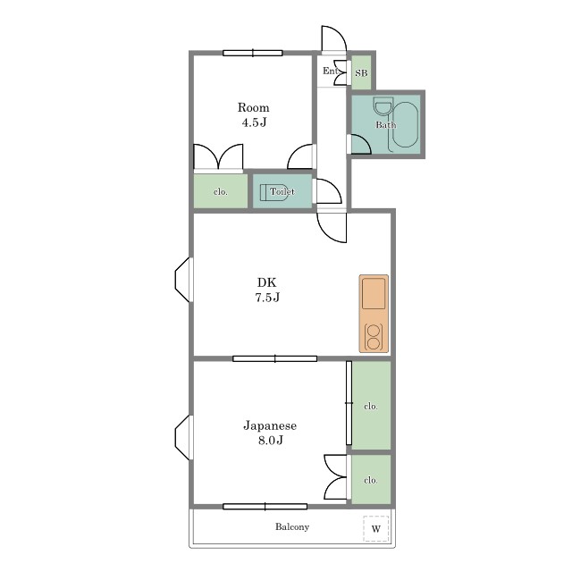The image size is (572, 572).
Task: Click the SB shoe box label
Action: point(361,73)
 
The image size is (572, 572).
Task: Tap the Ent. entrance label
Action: point(331,71)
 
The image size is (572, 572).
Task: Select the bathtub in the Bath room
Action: point(405,125)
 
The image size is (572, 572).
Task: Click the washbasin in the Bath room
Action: point(383,106)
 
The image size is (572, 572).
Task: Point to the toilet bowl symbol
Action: point(277,192)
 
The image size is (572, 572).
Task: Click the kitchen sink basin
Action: point(374,294)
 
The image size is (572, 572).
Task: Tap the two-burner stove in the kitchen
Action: point(374,337)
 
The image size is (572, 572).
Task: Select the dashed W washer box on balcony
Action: point(375,528)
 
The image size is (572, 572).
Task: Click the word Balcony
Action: point(292,526)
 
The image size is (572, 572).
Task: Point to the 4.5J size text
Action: point(254,122)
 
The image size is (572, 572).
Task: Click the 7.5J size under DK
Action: point(267,298)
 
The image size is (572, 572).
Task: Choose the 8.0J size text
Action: point(270,441)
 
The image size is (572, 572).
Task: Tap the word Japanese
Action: point(270,425)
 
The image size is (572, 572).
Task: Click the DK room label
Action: point(267,282)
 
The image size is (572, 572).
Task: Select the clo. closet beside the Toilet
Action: point(221,191)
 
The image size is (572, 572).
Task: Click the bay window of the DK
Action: point(183,280)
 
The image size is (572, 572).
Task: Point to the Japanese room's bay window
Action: point(183,437)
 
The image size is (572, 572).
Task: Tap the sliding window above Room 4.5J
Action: point(253,54)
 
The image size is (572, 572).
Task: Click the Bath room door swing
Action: point(360,145)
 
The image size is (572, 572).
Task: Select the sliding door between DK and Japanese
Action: point(274,359)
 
